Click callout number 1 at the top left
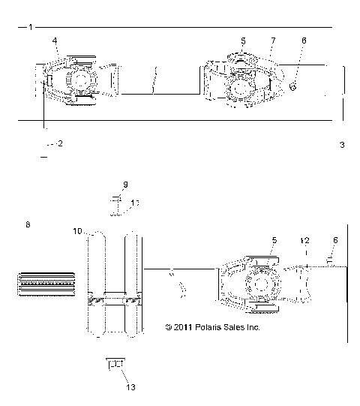point(29,27)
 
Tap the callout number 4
point(53,39)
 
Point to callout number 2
point(60,143)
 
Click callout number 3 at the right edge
point(342,145)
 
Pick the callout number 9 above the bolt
point(125,184)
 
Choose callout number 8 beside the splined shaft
point(28,224)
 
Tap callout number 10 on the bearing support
point(76,233)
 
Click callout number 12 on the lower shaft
point(304,241)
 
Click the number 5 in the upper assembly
point(243,39)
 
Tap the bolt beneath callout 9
point(115,204)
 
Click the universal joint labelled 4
point(77,81)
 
